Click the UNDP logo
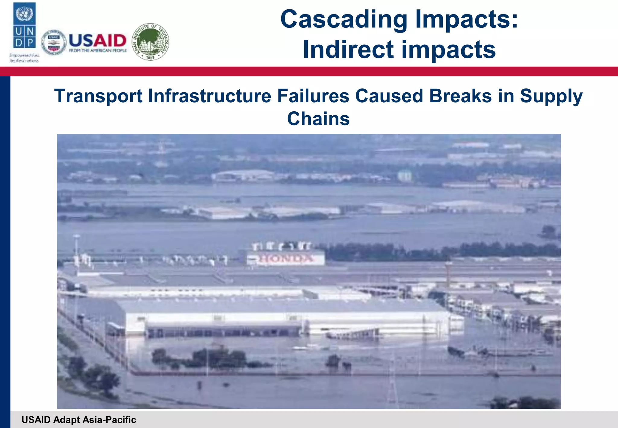pos(24,26)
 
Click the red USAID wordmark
pos(97,40)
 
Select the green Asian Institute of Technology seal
pos(151,42)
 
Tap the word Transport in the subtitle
pos(98,96)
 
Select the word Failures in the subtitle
pos(313,96)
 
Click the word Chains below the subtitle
pos(318,119)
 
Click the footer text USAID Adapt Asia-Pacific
pos(79,420)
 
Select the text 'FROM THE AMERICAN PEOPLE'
pos(98,51)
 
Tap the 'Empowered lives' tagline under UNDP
pos(24,56)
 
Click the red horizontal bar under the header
pos(309,71)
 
